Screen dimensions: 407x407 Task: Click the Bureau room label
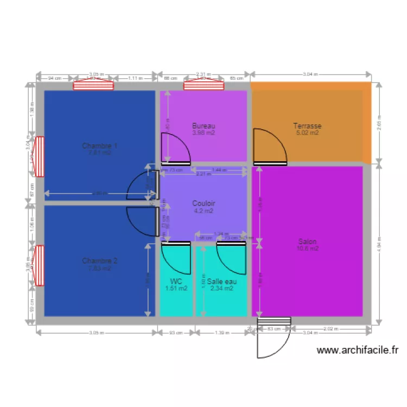[203, 125]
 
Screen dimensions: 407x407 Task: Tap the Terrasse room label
[307, 125]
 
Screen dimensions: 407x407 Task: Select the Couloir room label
[203, 203]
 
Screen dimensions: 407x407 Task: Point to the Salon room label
[307, 241]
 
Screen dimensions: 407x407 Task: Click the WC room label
[176, 281]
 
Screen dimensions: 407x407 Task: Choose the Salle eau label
[221, 281]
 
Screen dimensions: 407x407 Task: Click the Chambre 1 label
[100, 146]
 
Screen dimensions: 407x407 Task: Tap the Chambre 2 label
[100, 260]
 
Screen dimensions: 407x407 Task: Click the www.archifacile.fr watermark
[357, 351]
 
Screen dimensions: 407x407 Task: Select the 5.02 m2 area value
[307, 132]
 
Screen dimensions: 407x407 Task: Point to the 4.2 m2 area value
[203, 211]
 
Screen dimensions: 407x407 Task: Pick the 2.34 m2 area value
[221, 288]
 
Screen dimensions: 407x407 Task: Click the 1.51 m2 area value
[176, 288]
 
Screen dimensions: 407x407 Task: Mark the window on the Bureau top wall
[203, 85]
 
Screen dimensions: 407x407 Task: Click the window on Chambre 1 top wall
[93, 85]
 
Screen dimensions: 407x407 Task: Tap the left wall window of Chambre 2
[39, 265]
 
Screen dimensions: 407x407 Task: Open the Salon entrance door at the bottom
[274, 339]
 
